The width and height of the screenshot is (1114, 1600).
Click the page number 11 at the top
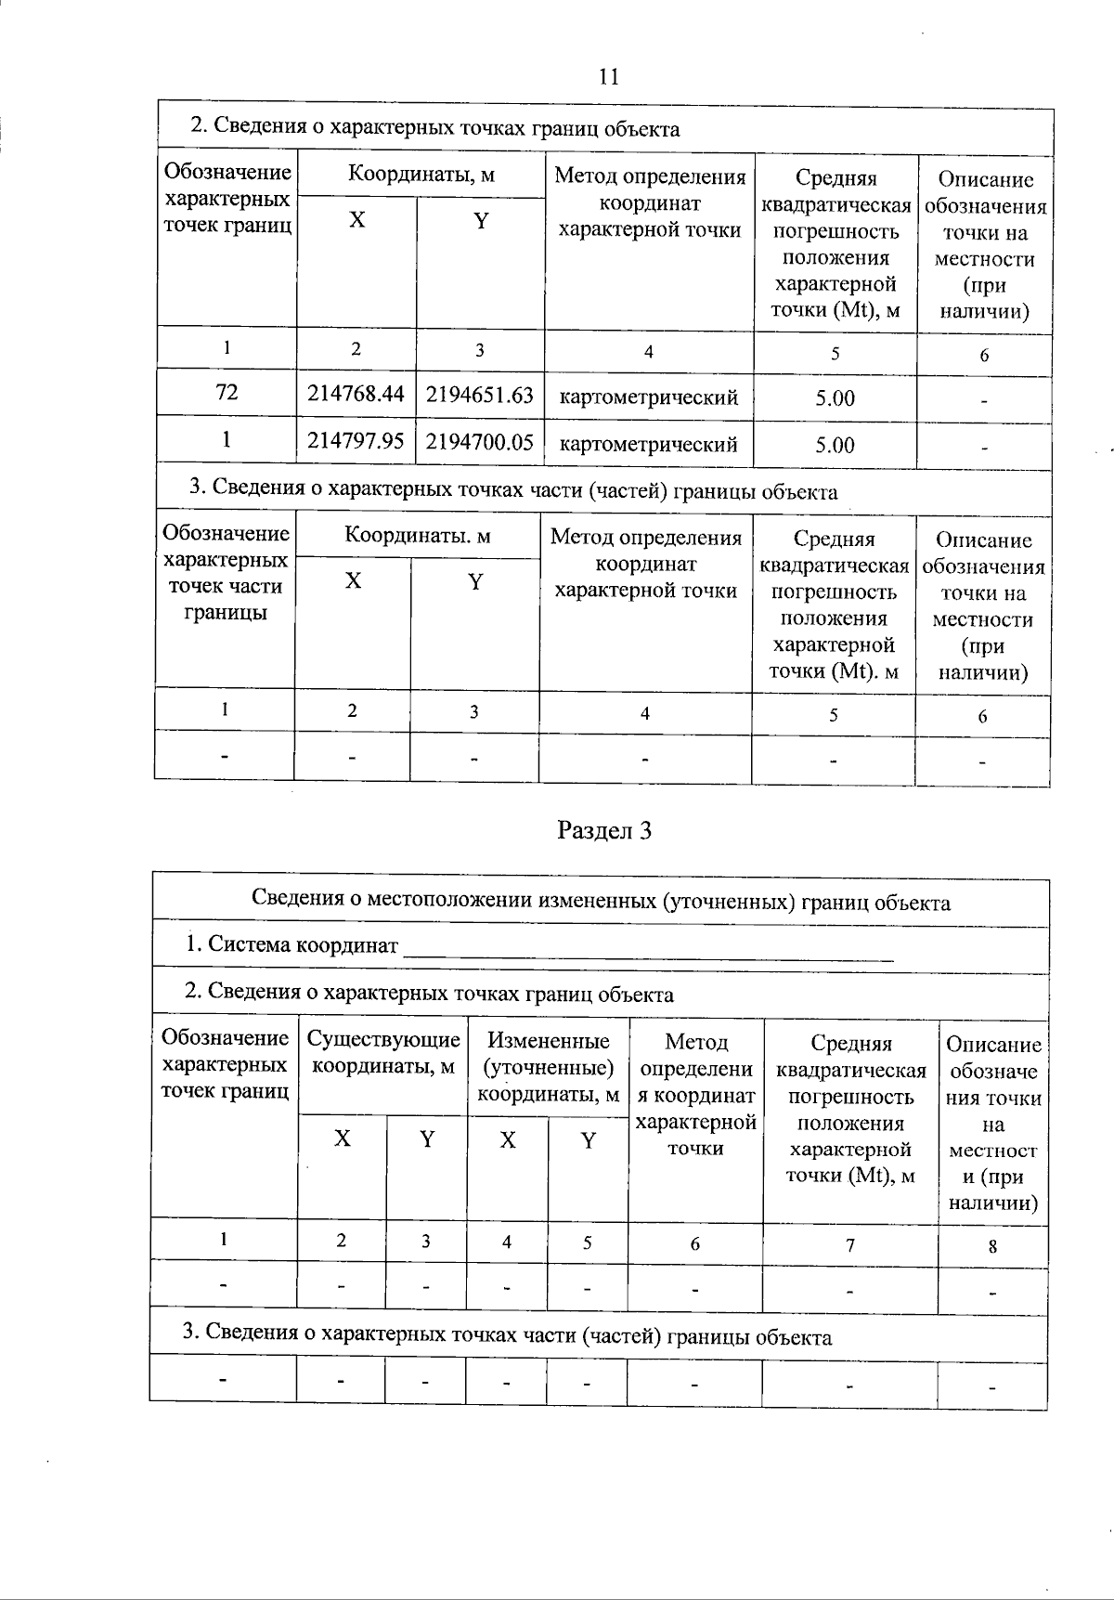pyautogui.click(x=609, y=77)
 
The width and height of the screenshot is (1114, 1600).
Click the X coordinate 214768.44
pyautogui.click(x=356, y=394)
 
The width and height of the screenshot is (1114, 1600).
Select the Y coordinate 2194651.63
pyautogui.click(x=480, y=395)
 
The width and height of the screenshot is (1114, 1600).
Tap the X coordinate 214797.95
pyautogui.click(x=356, y=440)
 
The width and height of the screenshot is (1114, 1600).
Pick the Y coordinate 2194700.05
pyautogui.click(x=480, y=441)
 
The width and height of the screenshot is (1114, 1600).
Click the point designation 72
pyautogui.click(x=227, y=393)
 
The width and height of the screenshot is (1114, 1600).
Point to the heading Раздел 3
pyautogui.click(x=604, y=830)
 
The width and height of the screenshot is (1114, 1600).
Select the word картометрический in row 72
pyautogui.click(x=649, y=398)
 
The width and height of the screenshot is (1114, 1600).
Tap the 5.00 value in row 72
pyautogui.click(x=835, y=398)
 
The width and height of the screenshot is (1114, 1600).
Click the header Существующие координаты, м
pyautogui.click(x=383, y=1052)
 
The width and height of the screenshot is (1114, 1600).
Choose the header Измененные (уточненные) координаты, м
pyautogui.click(x=549, y=1068)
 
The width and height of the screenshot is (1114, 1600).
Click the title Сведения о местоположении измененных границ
pyautogui.click(x=601, y=902)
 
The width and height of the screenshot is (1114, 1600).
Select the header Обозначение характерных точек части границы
pyautogui.click(x=225, y=573)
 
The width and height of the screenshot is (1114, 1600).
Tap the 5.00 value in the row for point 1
pyautogui.click(x=835, y=445)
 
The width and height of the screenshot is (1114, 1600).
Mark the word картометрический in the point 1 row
pyautogui.click(x=649, y=445)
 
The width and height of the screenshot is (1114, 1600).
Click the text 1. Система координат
pyautogui.click(x=291, y=945)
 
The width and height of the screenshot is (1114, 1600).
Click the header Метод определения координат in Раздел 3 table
pyautogui.click(x=696, y=1095)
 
